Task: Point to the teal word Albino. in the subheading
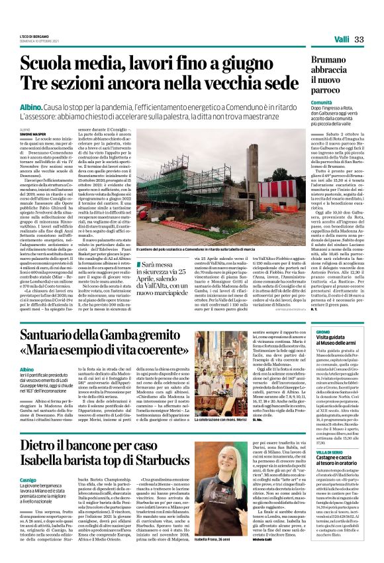(x=31, y=107)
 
